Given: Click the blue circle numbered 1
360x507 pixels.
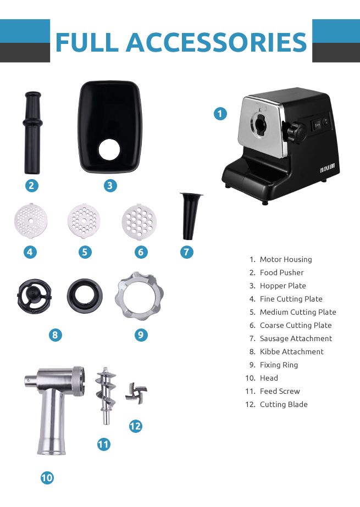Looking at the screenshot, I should coord(220,114).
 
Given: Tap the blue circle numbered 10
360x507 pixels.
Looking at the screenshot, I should coord(47,478).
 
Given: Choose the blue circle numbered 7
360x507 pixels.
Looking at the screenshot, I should coord(187,252).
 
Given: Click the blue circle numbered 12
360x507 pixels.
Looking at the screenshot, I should coord(135,426).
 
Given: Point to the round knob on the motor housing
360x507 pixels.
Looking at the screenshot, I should coord(297,131).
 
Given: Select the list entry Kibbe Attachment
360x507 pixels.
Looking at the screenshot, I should coord(291,352).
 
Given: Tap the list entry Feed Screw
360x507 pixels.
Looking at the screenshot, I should coord(280,391).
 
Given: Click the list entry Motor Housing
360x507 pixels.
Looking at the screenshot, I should coord(285,259).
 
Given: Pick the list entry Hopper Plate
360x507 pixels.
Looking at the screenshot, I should coord(283,286).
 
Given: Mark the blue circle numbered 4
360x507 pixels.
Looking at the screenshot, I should coord(31,252).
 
